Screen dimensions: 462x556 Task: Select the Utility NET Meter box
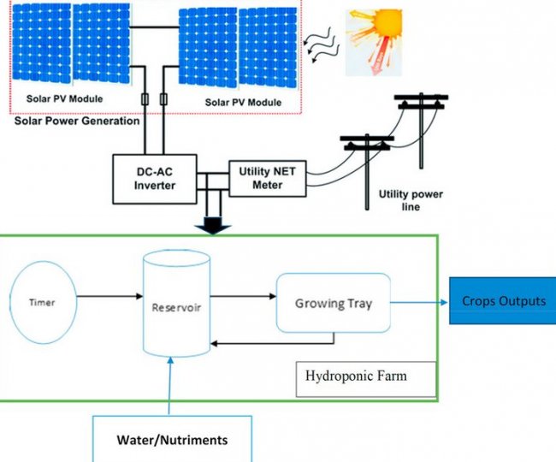point(267,178)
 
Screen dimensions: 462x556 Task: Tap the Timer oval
point(42,302)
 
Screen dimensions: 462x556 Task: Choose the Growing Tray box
point(334,303)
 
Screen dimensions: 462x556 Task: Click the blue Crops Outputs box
point(503,301)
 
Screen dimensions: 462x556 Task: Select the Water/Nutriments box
point(172,439)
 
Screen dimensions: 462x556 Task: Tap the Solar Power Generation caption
point(77,121)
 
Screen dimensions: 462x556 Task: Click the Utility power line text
point(411,200)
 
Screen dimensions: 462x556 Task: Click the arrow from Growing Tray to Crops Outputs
point(419,301)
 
